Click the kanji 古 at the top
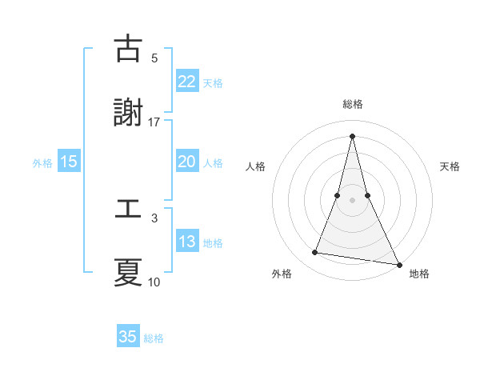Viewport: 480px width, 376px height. coord(128,50)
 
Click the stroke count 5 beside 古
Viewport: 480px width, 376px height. coord(154,58)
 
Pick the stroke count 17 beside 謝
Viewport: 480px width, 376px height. coord(154,122)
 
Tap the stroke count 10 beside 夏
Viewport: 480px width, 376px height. coord(154,282)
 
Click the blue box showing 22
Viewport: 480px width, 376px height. coord(186,81)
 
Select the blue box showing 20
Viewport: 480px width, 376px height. coord(186,162)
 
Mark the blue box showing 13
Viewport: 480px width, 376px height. coord(186,242)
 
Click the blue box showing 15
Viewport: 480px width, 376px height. coord(69,162)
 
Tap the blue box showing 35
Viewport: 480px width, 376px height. coord(128,337)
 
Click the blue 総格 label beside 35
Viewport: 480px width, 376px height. coord(154,338)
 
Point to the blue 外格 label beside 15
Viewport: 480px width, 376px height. coord(42,163)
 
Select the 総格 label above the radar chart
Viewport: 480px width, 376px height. coord(352,104)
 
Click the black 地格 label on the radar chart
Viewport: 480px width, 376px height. coord(419,274)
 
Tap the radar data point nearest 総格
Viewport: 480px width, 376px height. coord(352,136)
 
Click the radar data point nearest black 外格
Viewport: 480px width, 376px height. coord(315,253)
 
